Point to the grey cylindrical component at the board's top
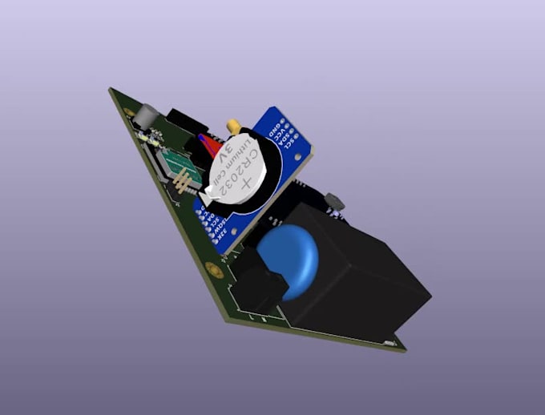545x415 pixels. [x=144, y=117]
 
